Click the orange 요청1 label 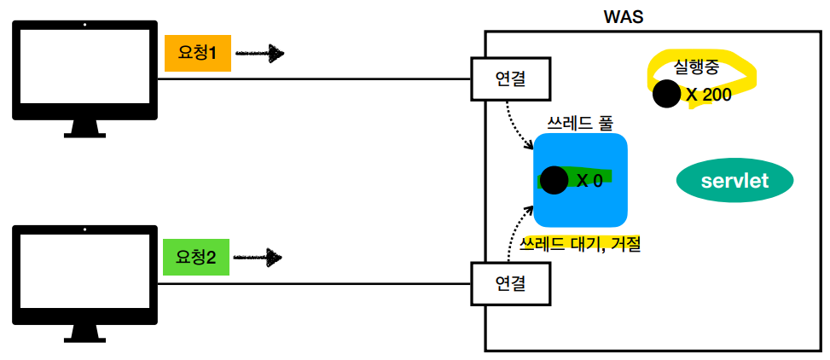(x=197, y=54)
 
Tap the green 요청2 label (x=196, y=256)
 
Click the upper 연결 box (x=510, y=79)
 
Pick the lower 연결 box (x=510, y=282)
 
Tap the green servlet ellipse (x=734, y=181)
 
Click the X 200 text (x=709, y=95)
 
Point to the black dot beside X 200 (x=667, y=94)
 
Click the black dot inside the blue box (x=554, y=180)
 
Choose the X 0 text (x=589, y=181)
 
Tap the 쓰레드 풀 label (x=580, y=122)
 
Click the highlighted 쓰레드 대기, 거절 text (x=580, y=245)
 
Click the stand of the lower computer (x=84, y=330)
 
